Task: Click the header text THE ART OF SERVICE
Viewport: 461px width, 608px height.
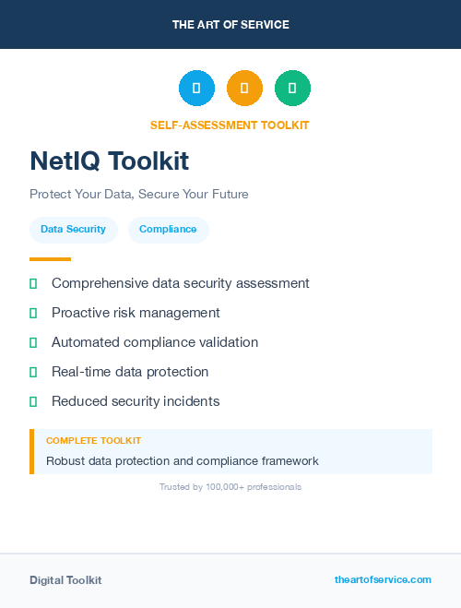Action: click(230, 25)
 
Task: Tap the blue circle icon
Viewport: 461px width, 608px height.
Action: click(196, 89)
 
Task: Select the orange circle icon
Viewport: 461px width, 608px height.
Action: click(244, 89)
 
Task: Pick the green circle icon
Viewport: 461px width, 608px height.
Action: click(292, 89)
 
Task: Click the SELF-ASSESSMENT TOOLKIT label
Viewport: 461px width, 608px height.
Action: click(230, 125)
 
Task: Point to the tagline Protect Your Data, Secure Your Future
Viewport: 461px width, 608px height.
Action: click(139, 195)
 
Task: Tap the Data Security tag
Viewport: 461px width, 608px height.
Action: click(73, 229)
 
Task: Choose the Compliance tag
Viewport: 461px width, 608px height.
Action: click(168, 229)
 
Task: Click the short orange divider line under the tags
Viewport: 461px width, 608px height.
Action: click(50, 259)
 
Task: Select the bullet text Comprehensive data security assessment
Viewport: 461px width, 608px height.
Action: click(181, 283)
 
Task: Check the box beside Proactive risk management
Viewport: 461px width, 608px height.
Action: click(33, 313)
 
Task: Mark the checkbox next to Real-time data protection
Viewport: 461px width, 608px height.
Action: click(33, 372)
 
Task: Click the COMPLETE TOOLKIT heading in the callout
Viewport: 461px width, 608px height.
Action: click(93, 441)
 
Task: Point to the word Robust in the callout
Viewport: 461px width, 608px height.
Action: click(66, 460)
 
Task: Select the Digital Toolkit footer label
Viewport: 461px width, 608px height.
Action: click(65, 580)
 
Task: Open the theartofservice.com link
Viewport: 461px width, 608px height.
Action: click(383, 579)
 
